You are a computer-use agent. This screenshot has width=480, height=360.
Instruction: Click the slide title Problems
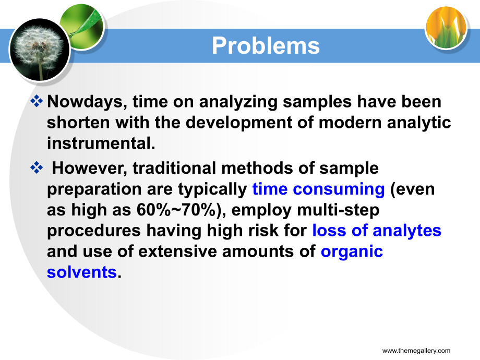pyautogui.click(x=266, y=45)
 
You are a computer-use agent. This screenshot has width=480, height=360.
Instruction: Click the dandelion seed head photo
pyautogui.click(x=40, y=50)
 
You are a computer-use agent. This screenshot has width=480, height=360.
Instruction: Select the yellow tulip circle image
pyautogui.click(x=446, y=28)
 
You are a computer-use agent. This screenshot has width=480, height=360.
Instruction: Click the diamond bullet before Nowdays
pyautogui.click(x=37, y=101)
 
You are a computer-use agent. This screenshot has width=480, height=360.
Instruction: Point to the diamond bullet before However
pyautogui.click(x=37, y=167)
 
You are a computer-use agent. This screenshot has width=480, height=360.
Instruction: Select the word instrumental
pyautogui.click(x=101, y=143)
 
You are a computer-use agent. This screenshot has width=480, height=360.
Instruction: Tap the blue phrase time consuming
pyautogui.click(x=318, y=189)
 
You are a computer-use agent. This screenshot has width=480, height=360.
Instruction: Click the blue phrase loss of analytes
pyautogui.click(x=377, y=231)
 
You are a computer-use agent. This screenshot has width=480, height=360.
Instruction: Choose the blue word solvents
pyautogui.click(x=82, y=272)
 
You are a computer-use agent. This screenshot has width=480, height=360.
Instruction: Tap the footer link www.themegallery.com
pyautogui.click(x=416, y=351)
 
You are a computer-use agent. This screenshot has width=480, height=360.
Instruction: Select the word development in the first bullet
pyautogui.click(x=239, y=123)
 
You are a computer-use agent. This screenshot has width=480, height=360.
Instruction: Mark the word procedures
pyautogui.click(x=94, y=231)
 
